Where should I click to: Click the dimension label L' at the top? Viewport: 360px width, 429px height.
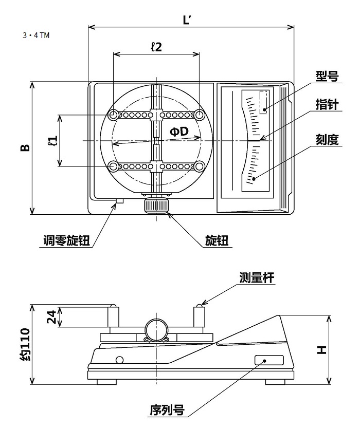coord(187,20)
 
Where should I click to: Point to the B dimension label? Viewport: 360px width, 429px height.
coord(25,147)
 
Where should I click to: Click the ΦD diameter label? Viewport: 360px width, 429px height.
coord(179,132)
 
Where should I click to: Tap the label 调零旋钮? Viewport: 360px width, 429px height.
coord(67,241)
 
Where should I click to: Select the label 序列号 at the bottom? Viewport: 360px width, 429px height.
coord(167,410)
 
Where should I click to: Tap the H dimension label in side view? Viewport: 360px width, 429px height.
coord(321,350)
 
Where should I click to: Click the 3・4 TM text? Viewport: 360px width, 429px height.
coord(36,35)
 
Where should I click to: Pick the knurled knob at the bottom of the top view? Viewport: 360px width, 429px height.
coord(156,206)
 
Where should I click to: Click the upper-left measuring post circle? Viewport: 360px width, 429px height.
coord(114,114)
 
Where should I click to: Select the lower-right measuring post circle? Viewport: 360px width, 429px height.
coord(199,166)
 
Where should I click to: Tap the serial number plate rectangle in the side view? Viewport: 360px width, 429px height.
coord(268,360)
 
